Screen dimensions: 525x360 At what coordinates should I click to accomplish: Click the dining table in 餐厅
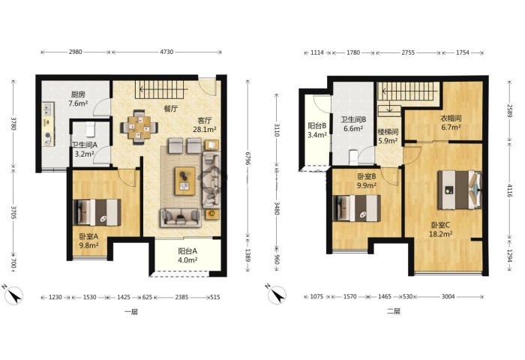pyautogui.click(x=139, y=127)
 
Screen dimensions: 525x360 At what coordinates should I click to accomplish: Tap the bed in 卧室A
pyautogui.click(x=97, y=212)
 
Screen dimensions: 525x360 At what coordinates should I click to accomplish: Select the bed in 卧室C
pyautogui.click(x=459, y=190)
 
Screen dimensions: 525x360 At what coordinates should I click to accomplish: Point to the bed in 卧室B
pyautogui.click(x=357, y=208)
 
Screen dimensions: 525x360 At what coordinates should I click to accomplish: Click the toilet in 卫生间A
pyautogui.click(x=90, y=129)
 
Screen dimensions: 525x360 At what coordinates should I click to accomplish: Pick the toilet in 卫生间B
pyautogui.click(x=353, y=157)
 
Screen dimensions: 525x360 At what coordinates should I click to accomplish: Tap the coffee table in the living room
pyautogui.click(x=184, y=181)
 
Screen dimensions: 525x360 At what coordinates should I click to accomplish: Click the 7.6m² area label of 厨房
pyautogui.click(x=78, y=103)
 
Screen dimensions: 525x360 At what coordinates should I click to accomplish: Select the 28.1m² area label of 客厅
pyautogui.click(x=205, y=129)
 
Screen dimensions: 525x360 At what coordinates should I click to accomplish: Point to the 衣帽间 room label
pyautogui.click(x=451, y=118)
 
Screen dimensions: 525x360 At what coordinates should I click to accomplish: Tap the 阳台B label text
pyautogui.click(x=316, y=126)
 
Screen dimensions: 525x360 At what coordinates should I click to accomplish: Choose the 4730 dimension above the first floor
pyautogui.click(x=166, y=52)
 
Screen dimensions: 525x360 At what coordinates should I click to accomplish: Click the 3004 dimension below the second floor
pyautogui.click(x=448, y=296)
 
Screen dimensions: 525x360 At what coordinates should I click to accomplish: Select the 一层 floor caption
pyautogui.click(x=131, y=313)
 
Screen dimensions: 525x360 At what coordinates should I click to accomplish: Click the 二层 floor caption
pyautogui.click(x=394, y=311)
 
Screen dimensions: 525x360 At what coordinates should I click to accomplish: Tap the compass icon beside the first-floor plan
pyautogui.click(x=13, y=295)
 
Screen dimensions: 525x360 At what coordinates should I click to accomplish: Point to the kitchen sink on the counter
pyautogui.click(x=48, y=109)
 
